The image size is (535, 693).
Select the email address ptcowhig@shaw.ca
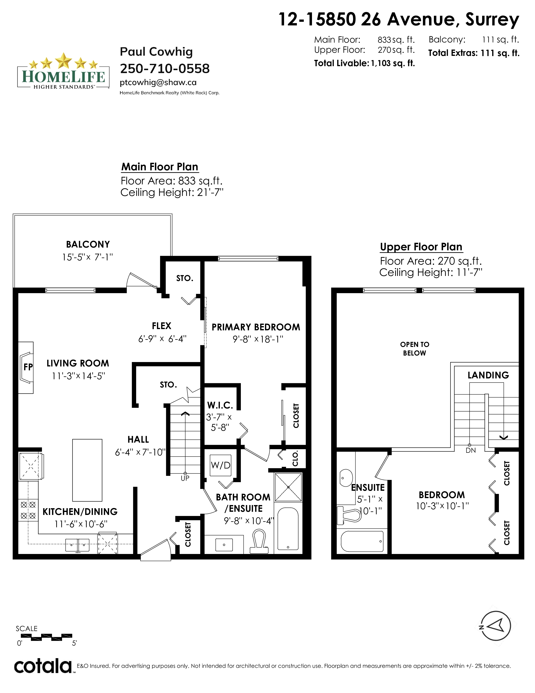158,83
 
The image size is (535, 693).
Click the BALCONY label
88,244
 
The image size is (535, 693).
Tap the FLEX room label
161,326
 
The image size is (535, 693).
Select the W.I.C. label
220,405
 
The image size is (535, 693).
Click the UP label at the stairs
185,478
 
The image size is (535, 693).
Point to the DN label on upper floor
471,450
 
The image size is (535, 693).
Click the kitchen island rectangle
87,470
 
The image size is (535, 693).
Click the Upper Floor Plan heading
421,247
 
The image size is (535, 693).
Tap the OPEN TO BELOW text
415,349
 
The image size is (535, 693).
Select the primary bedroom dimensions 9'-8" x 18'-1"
258,339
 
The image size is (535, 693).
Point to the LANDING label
488,375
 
